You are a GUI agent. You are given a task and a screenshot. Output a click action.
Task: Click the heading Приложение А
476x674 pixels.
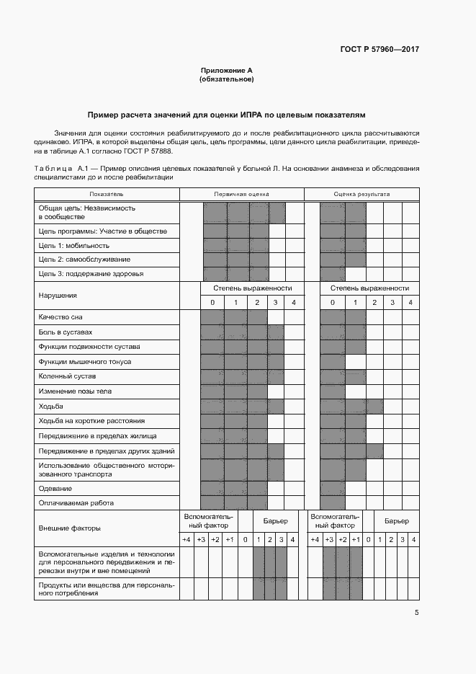pyautogui.click(x=227, y=71)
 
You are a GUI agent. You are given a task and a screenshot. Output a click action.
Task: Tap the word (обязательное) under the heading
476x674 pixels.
pyautogui.click(x=227, y=79)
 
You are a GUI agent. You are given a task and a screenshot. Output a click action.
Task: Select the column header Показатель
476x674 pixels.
pyautogui.click(x=107, y=194)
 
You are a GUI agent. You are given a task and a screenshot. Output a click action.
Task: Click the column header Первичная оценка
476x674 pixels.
pyautogui.click(x=241, y=194)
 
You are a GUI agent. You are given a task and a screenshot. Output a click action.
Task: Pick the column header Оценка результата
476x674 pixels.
pyautogui.click(x=362, y=194)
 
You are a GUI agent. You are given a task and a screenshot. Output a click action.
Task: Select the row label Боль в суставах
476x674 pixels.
pyautogui.click(x=66, y=332)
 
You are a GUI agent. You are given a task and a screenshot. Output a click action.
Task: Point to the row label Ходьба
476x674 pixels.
pyautogui.click(x=51, y=407)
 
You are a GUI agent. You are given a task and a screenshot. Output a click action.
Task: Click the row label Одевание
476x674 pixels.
pyautogui.click(x=55, y=488)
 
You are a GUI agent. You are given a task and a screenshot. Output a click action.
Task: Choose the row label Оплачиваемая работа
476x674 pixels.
pyautogui.click(x=76, y=502)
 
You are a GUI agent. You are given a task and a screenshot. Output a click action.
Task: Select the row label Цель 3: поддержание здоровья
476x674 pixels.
pyautogui.click(x=91, y=274)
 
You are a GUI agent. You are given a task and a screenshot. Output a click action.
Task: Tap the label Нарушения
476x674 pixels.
pyautogui.click(x=58, y=295)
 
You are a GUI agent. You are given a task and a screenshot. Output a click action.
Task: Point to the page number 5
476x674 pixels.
pyautogui.click(x=416, y=613)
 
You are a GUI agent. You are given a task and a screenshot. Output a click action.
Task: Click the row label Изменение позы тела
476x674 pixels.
pyautogui.click(x=75, y=391)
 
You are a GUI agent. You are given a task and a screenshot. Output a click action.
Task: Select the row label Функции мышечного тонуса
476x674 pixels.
pyautogui.click(x=85, y=361)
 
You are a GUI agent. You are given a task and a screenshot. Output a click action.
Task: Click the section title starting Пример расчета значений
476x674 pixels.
pyautogui.click(x=227, y=115)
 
